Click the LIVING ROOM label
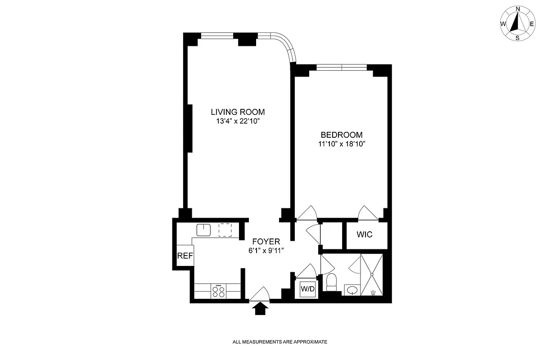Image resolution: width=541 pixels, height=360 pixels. tap(238, 112)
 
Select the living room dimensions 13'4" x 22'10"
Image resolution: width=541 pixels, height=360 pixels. tap(238, 121)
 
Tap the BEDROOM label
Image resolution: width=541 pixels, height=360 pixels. tap(341, 135)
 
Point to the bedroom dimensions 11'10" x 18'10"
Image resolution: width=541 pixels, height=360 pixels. tap(341, 144)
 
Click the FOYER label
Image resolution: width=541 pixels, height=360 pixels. tap(266, 241)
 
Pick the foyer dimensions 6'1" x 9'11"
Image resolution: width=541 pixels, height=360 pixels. tap(266, 250)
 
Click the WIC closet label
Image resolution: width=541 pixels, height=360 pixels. tap(365, 235)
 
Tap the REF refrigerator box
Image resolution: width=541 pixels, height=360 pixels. tap(185, 256)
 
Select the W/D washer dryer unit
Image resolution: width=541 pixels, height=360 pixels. tap(307, 288)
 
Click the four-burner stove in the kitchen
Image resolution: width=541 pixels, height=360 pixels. tap(219, 291)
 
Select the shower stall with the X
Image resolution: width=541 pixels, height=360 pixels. tap(372, 274)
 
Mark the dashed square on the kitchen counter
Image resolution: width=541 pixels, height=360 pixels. tap(225, 230)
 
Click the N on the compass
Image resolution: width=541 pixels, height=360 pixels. tap(518, 9)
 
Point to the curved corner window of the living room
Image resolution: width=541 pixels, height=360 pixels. tap(286, 45)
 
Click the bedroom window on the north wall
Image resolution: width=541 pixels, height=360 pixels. tap(342, 67)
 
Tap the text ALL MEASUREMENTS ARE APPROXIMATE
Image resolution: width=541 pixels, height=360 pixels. tap(280, 342)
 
